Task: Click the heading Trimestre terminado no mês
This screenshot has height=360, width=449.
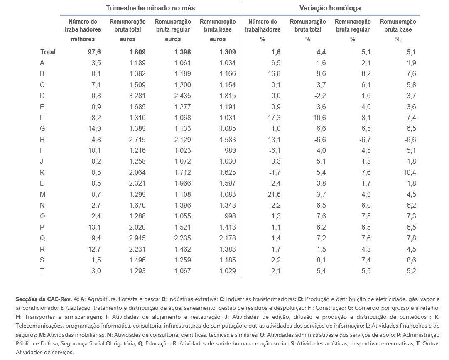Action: (x=150, y=8)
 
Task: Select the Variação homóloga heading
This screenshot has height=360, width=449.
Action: (x=330, y=8)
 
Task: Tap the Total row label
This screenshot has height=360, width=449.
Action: (x=48, y=52)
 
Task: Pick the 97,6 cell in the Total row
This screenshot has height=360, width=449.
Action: (x=94, y=52)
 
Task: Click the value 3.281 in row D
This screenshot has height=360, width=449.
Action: (x=137, y=96)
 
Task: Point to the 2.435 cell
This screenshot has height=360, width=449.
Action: (x=182, y=96)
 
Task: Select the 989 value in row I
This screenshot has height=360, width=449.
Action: (x=230, y=151)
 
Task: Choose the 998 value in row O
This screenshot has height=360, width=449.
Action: (x=230, y=216)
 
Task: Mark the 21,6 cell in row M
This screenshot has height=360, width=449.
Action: (x=274, y=194)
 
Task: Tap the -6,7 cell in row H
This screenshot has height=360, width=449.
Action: (x=365, y=140)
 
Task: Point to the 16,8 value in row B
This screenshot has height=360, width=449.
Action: (x=274, y=74)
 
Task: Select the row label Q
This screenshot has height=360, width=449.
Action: (x=42, y=238)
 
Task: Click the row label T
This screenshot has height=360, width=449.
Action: (x=42, y=271)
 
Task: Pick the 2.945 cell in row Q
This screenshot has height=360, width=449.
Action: (x=137, y=238)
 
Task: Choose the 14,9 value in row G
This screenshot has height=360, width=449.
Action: (x=94, y=128)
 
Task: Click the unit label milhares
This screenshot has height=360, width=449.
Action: (x=83, y=39)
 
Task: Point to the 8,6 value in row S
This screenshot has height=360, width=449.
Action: (x=411, y=260)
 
